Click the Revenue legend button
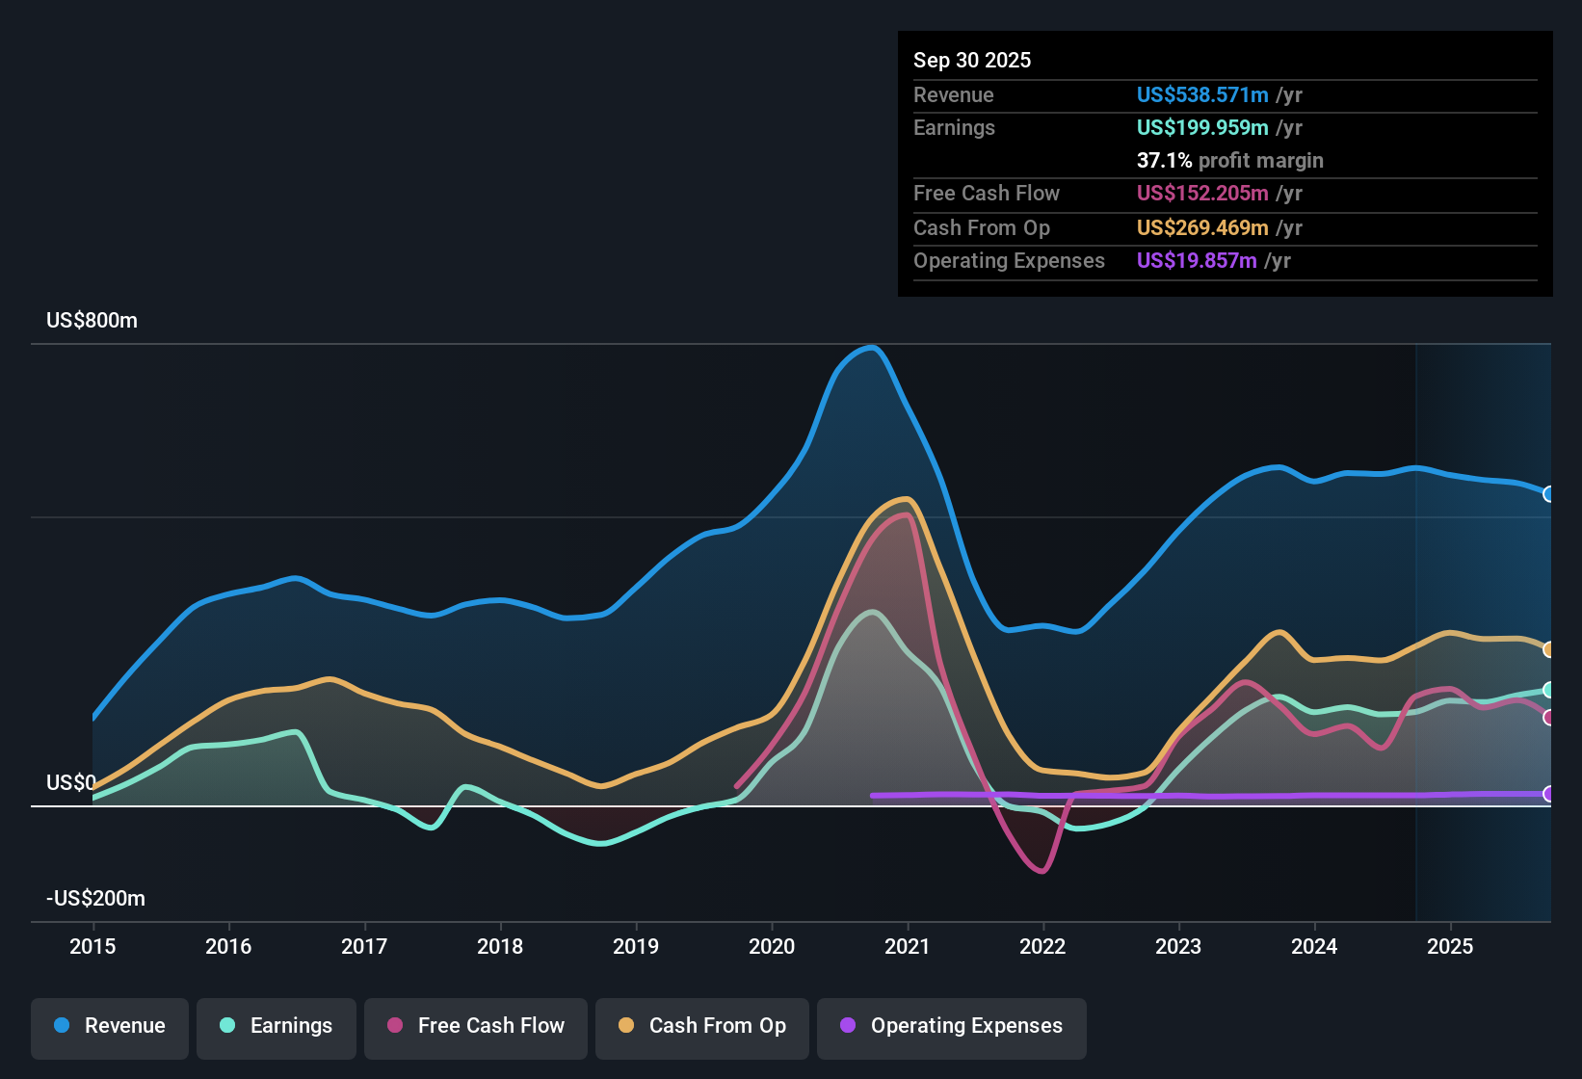tap(110, 1026)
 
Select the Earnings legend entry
tap(277, 1026)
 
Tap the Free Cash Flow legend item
tap(476, 1026)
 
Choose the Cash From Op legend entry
tap(702, 1026)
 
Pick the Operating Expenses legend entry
tap(952, 1026)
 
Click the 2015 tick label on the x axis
tap(92, 946)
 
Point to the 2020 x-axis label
tap(772, 946)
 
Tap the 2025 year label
tap(1450, 946)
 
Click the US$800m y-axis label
tap(92, 321)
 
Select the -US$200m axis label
tap(95, 899)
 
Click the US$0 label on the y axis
tap(71, 783)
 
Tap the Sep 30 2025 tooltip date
tap(972, 61)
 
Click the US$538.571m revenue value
tap(1201, 95)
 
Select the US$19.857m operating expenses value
tap(1196, 261)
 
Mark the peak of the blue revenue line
tap(871, 348)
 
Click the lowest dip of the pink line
tap(1042, 871)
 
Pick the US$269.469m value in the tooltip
tap(1201, 228)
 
